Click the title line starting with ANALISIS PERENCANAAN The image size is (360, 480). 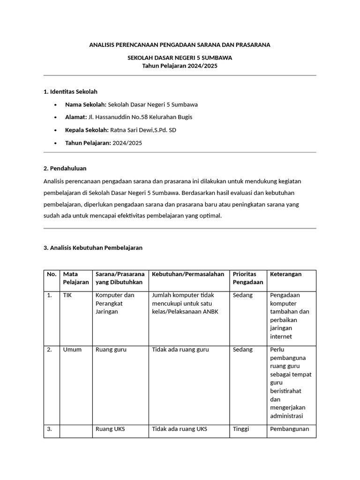click(180, 45)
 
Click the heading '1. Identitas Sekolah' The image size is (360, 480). click(70, 91)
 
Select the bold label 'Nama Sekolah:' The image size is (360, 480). click(86, 105)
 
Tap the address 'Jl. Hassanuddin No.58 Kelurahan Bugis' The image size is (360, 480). click(140, 117)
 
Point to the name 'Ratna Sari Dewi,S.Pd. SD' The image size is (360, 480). click(143, 130)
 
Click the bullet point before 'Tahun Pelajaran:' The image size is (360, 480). click(56, 143)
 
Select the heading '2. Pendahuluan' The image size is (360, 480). click(65, 168)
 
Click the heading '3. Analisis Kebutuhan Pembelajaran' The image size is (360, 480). click(93, 247)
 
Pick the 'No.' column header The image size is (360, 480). click(52, 274)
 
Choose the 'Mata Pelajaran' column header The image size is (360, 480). click(75, 278)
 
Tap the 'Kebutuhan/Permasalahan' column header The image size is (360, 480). click(188, 274)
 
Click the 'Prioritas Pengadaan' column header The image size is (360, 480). click(248, 278)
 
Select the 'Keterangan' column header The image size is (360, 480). click(286, 274)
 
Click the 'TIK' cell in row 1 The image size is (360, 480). click(68, 295)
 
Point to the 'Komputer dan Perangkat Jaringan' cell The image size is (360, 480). click(115, 303)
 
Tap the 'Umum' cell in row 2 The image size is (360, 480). click(72, 350)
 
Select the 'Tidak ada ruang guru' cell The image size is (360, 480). click(180, 350)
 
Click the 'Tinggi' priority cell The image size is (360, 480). click(241, 429)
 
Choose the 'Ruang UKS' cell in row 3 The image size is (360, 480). click(110, 429)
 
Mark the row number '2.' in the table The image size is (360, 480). click(50, 350)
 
